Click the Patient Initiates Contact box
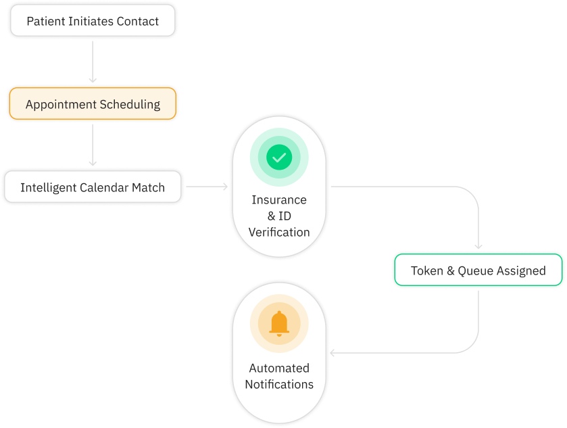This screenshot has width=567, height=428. (x=93, y=21)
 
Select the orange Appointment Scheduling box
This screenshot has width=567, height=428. (x=93, y=105)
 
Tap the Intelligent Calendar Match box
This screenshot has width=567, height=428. (x=93, y=187)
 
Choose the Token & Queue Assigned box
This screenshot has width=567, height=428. (x=478, y=270)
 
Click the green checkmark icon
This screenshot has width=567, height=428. (x=279, y=158)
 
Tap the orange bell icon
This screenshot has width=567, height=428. (x=279, y=324)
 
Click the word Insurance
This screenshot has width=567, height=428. (x=279, y=199)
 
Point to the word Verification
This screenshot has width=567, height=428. (x=279, y=232)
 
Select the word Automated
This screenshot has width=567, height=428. (x=279, y=368)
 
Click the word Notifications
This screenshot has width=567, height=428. (x=279, y=384)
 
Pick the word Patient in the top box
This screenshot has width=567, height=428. (x=46, y=21)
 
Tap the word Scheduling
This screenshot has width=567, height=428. (x=130, y=105)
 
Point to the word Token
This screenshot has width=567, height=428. (x=426, y=270)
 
